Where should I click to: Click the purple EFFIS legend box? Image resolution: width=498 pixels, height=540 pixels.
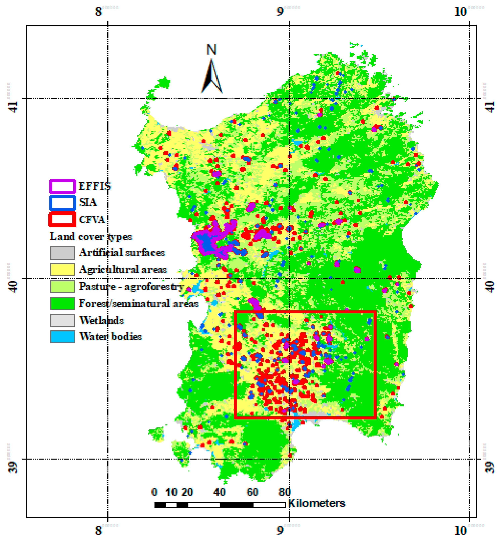point(62,186)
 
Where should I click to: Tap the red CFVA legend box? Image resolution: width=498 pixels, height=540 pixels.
point(62,220)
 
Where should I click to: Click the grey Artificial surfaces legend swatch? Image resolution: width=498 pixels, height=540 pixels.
point(62,253)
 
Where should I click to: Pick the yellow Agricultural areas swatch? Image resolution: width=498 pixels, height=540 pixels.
point(62,270)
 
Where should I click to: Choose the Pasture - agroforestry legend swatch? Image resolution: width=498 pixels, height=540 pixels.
point(62,287)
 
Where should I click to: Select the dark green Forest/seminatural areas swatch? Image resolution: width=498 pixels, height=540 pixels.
point(62,304)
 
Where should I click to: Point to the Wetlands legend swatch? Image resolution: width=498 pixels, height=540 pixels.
point(62,321)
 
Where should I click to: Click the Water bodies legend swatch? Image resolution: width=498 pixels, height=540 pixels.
point(62,337)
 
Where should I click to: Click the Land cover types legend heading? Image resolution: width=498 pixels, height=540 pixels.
point(91,237)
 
